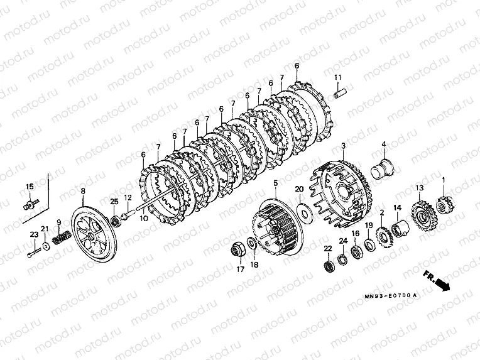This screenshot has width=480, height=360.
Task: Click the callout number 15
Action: [30, 187]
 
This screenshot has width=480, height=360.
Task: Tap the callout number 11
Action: [337, 77]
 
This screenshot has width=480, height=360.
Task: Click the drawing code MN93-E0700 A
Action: [391, 296]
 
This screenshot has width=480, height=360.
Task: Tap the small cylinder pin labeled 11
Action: [341, 94]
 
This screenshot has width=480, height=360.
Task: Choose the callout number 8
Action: [83, 192]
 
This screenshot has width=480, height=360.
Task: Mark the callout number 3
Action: [343, 146]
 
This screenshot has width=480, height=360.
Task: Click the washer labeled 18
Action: [252, 244]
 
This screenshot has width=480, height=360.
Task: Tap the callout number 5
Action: [276, 183]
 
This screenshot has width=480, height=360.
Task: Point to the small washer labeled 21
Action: [46, 246]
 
